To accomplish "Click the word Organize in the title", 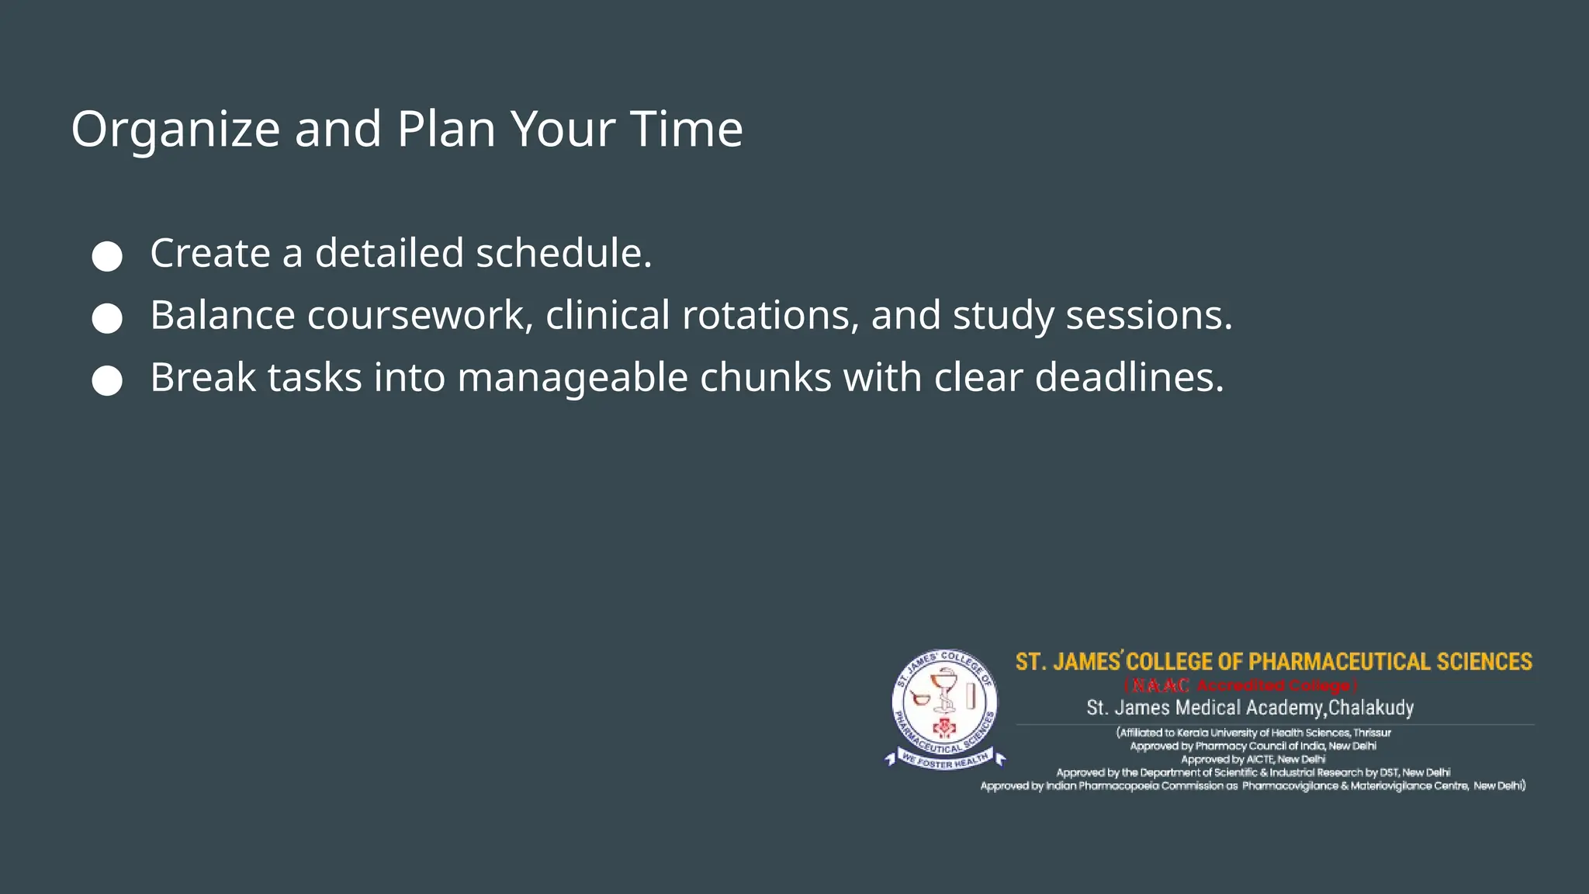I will pos(175,130).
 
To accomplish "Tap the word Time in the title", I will pos(686,129).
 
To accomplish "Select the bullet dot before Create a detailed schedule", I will pos(107,256).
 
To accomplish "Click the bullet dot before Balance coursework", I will pos(107,318).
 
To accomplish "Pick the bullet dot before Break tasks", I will pos(107,380).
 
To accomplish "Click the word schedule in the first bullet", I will pos(563,254).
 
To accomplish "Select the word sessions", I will pos(1148,316).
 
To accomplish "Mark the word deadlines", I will pos(1129,378).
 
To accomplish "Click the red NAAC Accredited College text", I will pos(1240,686).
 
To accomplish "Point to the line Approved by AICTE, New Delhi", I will pos(1252,760).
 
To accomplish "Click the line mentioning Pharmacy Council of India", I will pos(1252,747).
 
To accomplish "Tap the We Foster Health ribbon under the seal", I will pos(944,761).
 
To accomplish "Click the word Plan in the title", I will pos(446,129).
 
